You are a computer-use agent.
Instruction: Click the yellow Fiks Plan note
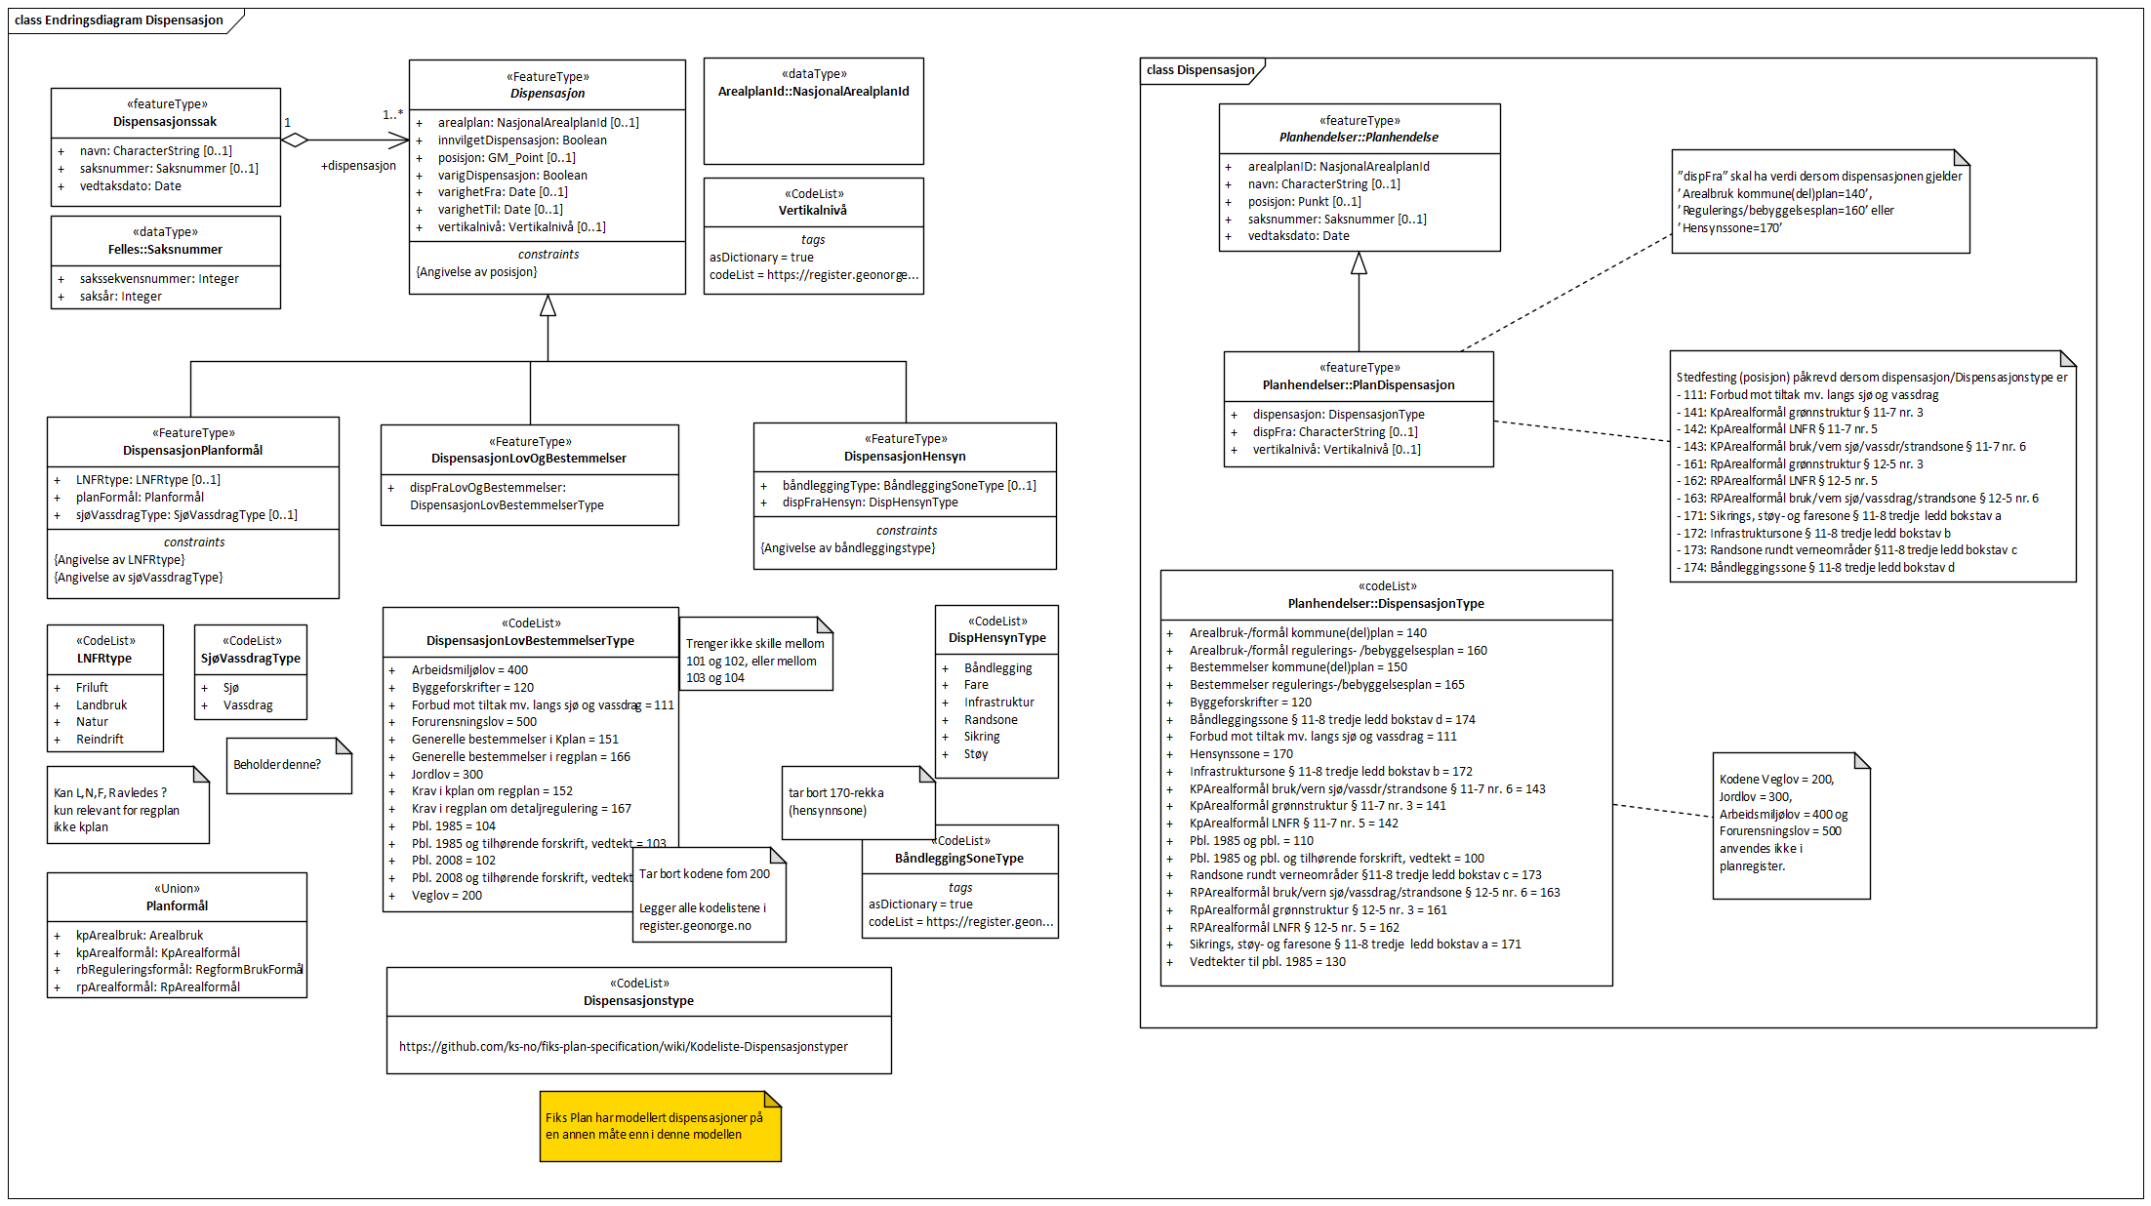660,1126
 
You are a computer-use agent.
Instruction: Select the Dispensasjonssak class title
165,122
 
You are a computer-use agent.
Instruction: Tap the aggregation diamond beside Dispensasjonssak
295,141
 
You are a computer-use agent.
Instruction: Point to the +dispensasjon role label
358,166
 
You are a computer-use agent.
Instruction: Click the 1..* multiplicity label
392,115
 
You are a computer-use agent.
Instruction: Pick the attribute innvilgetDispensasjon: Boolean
522,141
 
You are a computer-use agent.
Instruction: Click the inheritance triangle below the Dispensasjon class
548,306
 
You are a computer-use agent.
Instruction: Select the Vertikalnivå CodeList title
813,211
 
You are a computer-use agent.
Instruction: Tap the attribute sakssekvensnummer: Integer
159,279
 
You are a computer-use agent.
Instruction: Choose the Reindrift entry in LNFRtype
100,740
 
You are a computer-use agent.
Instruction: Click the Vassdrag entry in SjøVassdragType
248,705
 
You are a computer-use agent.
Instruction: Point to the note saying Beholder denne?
277,765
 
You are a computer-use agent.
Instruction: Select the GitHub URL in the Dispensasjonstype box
623,1047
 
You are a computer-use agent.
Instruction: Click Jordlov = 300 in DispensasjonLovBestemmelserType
447,775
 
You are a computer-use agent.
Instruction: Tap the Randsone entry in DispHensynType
991,720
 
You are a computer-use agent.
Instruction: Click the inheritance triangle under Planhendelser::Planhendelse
1359,263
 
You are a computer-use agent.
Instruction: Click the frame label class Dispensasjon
1200,70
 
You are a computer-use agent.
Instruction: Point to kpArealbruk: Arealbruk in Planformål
140,936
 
